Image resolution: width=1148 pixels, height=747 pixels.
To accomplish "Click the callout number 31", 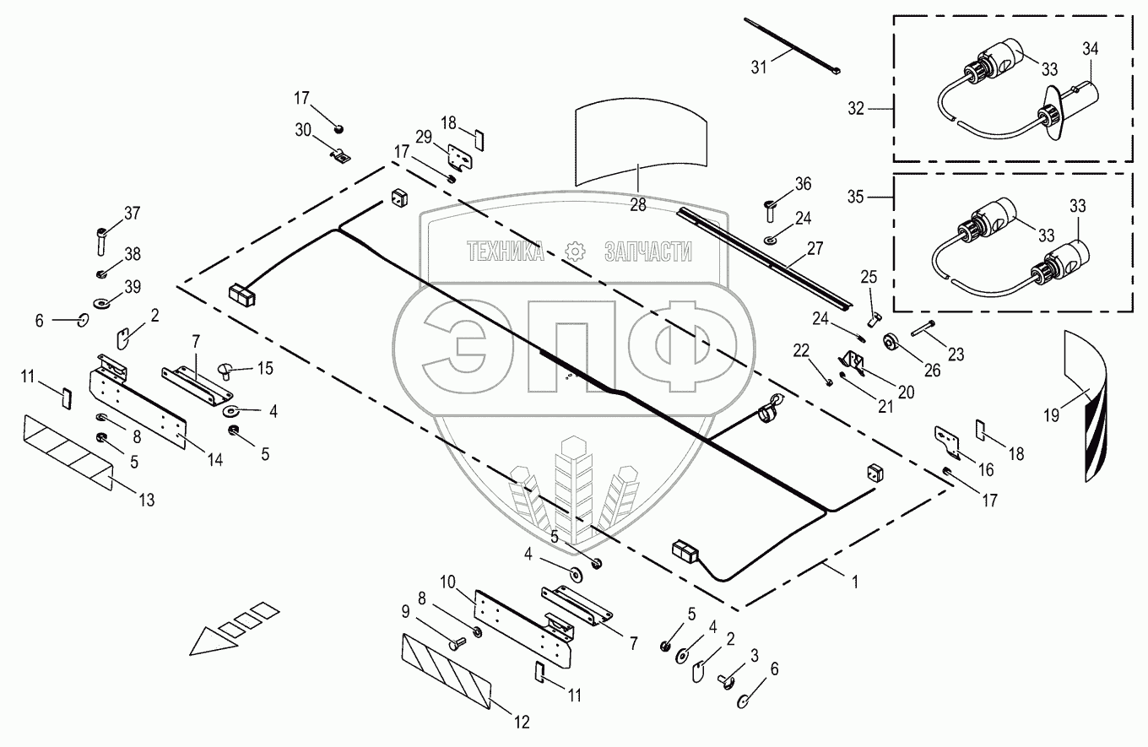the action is [x=759, y=68].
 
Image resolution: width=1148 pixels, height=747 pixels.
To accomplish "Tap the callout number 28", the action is [x=638, y=205].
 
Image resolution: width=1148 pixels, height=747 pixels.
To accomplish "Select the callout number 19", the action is [x=1052, y=415].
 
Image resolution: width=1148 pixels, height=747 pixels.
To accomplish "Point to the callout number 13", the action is [x=147, y=500].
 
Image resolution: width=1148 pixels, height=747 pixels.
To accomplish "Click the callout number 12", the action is [x=521, y=723].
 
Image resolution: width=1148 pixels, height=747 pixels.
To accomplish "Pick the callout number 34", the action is [x=1091, y=49].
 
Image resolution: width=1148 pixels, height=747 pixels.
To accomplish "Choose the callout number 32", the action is [x=856, y=109].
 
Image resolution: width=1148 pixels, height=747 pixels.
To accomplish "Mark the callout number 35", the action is [x=855, y=197].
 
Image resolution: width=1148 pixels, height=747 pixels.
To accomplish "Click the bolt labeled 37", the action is [x=101, y=241].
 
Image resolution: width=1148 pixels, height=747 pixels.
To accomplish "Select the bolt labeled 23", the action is [x=923, y=327].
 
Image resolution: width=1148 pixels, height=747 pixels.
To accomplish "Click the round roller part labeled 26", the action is [x=890, y=342].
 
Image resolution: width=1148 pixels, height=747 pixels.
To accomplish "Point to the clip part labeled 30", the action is [x=339, y=156].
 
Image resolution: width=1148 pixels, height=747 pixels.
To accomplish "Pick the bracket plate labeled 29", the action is [x=460, y=157].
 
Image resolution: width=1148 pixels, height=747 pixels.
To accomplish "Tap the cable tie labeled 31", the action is [x=793, y=46].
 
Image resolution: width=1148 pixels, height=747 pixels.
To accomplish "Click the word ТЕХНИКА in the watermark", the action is [x=506, y=252].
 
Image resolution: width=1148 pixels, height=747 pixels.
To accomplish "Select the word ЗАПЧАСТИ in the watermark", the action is [x=648, y=252].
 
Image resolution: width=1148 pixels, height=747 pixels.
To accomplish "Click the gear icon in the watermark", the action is [x=575, y=252].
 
